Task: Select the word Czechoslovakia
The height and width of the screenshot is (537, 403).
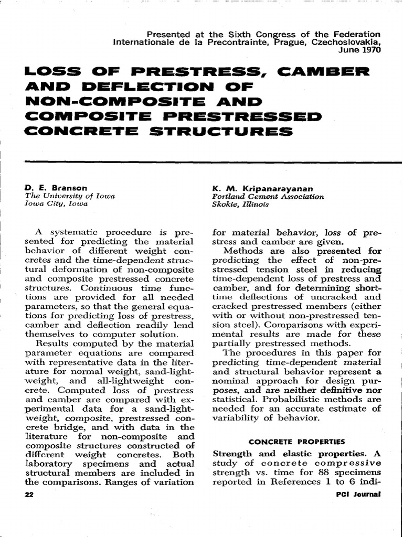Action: click(x=341, y=42)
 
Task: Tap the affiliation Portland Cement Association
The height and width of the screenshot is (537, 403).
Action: click(x=268, y=196)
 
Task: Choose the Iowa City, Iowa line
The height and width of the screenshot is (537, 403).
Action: click(x=57, y=205)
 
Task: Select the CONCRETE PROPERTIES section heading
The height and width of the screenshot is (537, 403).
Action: click(x=296, y=442)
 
